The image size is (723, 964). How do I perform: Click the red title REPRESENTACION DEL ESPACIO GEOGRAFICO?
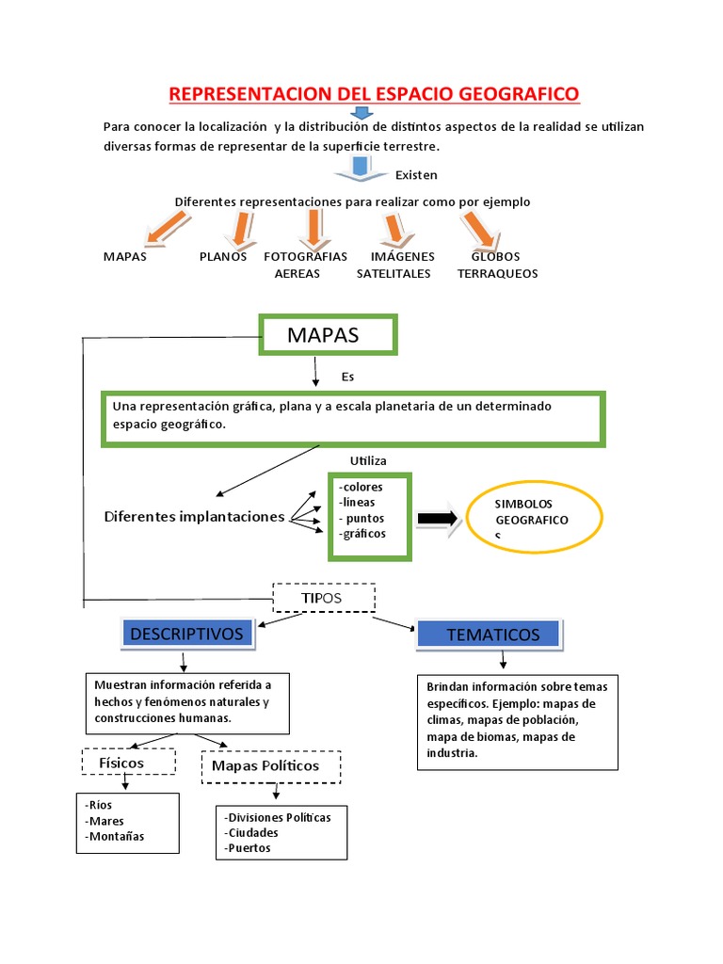(x=374, y=94)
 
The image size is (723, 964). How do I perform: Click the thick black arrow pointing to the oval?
(x=437, y=519)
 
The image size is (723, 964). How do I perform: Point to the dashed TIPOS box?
(x=324, y=599)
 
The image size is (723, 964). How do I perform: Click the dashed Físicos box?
(x=129, y=761)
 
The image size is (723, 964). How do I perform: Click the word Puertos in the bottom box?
(x=249, y=847)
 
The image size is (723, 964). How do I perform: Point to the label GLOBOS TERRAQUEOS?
(x=497, y=265)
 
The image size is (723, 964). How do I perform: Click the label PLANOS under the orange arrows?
(x=223, y=256)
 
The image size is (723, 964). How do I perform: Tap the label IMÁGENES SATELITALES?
(x=394, y=265)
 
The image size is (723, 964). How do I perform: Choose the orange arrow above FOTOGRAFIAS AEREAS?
(x=312, y=226)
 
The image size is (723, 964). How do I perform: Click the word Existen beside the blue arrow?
(x=416, y=175)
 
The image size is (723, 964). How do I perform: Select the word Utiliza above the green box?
(x=368, y=460)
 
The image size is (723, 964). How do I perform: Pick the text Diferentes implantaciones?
(x=194, y=517)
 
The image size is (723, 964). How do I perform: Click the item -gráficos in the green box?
(x=363, y=534)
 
